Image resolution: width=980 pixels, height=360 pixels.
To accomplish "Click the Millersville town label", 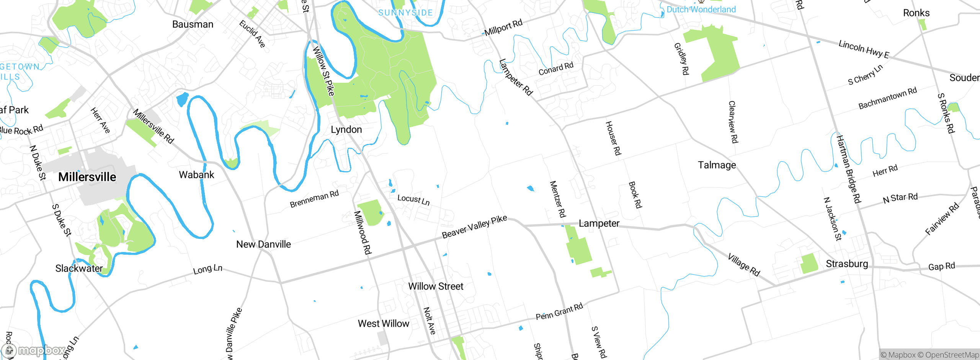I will (x=87, y=177).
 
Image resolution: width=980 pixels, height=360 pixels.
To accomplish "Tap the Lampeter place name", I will (x=599, y=223).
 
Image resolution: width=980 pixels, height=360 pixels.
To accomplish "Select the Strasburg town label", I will (x=846, y=263).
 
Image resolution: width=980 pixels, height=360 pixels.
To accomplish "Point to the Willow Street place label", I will (x=435, y=286).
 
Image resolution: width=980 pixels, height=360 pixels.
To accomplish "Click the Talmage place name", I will (x=717, y=165).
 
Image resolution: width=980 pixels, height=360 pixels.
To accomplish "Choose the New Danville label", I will (x=263, y=244).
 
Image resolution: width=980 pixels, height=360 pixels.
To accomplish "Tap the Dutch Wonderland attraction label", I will (x=701, y=10).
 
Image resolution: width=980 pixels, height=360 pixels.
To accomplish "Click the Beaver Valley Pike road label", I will (x=474, y=226).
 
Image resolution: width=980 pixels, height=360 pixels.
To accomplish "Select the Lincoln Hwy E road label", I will (x=864, y=49).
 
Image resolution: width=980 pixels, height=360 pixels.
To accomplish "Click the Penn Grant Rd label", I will (x=559, y=311).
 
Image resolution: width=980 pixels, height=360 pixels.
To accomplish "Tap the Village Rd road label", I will (x=743, y=264).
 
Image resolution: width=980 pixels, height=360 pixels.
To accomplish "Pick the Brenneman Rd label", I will (x=314, y=199).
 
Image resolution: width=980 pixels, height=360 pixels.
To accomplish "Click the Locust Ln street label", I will (x=413, y=199).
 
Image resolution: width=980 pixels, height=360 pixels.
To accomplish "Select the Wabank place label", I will (x=196, y=175).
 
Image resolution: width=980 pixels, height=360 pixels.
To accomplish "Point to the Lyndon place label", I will (x=346, y=129).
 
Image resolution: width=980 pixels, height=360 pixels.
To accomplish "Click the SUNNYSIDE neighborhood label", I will (x=405, y=13).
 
